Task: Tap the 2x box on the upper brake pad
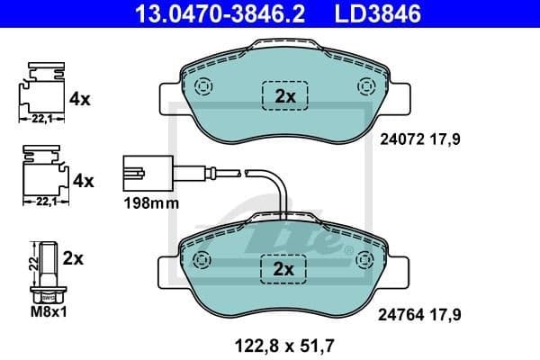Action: [x=284, y=95]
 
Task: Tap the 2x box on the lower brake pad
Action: [x=284, y=268]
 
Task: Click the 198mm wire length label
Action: [x=150, y=203]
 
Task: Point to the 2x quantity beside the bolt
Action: [x=73, y=258]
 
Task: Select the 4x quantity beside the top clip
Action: [x=81, y=99]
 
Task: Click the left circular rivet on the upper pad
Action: [x=202, y=86]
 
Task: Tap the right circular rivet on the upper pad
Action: [x=366, y=86]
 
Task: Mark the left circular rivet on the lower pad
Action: [x=202, y=259]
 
